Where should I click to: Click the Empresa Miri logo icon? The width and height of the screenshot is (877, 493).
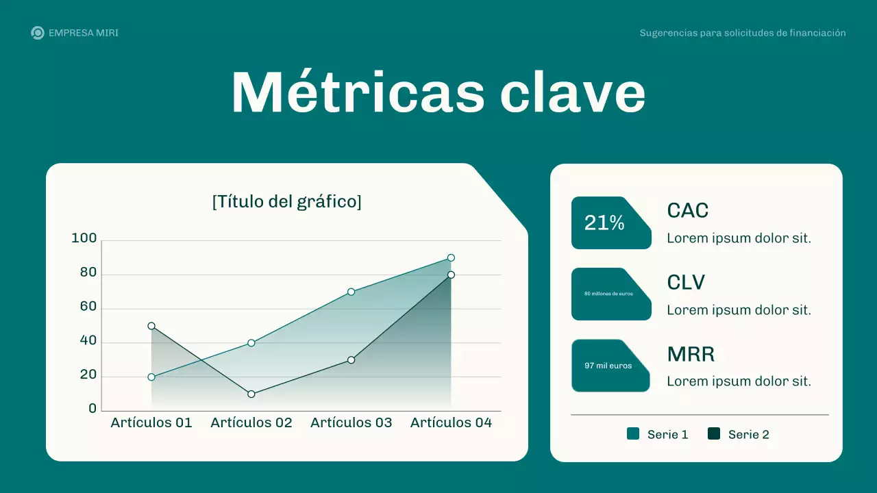pos(38,33)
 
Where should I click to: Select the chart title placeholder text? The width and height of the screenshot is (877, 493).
pos(286,201)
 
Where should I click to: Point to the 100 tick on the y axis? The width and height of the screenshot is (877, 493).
pos(84,238)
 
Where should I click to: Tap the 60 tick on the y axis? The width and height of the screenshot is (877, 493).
pos(88,306)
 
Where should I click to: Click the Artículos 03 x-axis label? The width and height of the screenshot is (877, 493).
pos(351,422)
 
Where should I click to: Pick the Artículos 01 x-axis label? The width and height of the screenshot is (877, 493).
pos(151,422)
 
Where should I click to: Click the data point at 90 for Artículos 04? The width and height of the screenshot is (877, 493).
pos(451,258)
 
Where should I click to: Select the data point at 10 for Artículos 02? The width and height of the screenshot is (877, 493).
pos(251,394)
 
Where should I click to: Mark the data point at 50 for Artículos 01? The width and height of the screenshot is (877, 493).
pos(151,326)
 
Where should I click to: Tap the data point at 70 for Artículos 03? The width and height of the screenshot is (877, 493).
pos(351,292)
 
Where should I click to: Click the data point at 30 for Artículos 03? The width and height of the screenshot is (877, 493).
pos(351,359)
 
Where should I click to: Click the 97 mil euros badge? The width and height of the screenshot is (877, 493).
pos(609,366)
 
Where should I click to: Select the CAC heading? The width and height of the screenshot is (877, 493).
pos(687,211)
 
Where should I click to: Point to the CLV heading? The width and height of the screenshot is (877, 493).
pos(686,283)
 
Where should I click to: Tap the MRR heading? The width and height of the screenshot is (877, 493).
pos(691,355)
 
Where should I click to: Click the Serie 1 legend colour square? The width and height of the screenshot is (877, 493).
pos(633,433)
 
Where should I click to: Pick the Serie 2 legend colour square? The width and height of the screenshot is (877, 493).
pos(714,433)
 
